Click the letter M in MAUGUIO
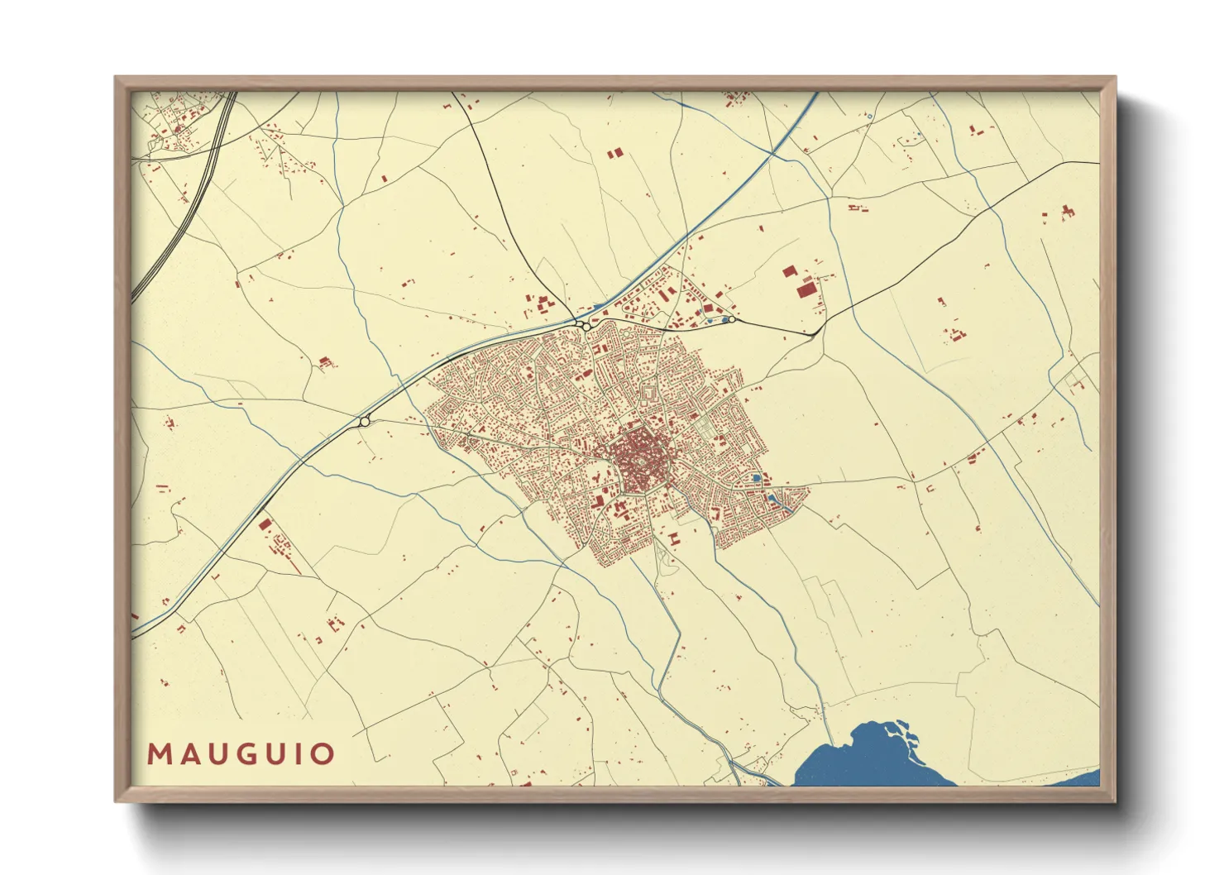pyautogui.click(x=159, y=754)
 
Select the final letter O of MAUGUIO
pyautogui.click(x=323, y=754)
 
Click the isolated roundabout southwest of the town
pyautogui.click(x=364, y=422)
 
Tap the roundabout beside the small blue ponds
pyautogui.click(x=731, y=318)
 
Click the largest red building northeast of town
pyautogui.click(x=806, y=289)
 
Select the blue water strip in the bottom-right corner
pyautogui.click(x=1075, y=779)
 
